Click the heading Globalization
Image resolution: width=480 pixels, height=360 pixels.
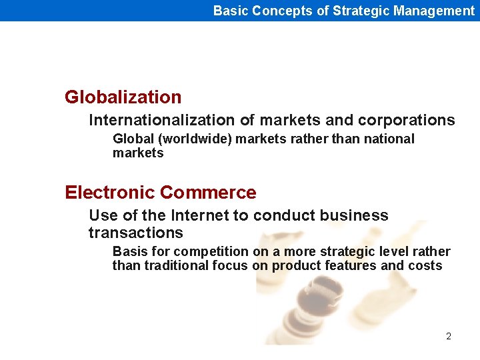coord(123,97)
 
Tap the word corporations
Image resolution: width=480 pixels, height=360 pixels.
coord(406,120)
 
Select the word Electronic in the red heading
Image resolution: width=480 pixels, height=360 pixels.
coord(110,193)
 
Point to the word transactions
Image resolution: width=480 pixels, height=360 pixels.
coord(135,233)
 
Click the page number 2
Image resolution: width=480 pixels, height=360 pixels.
coord(449,336)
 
